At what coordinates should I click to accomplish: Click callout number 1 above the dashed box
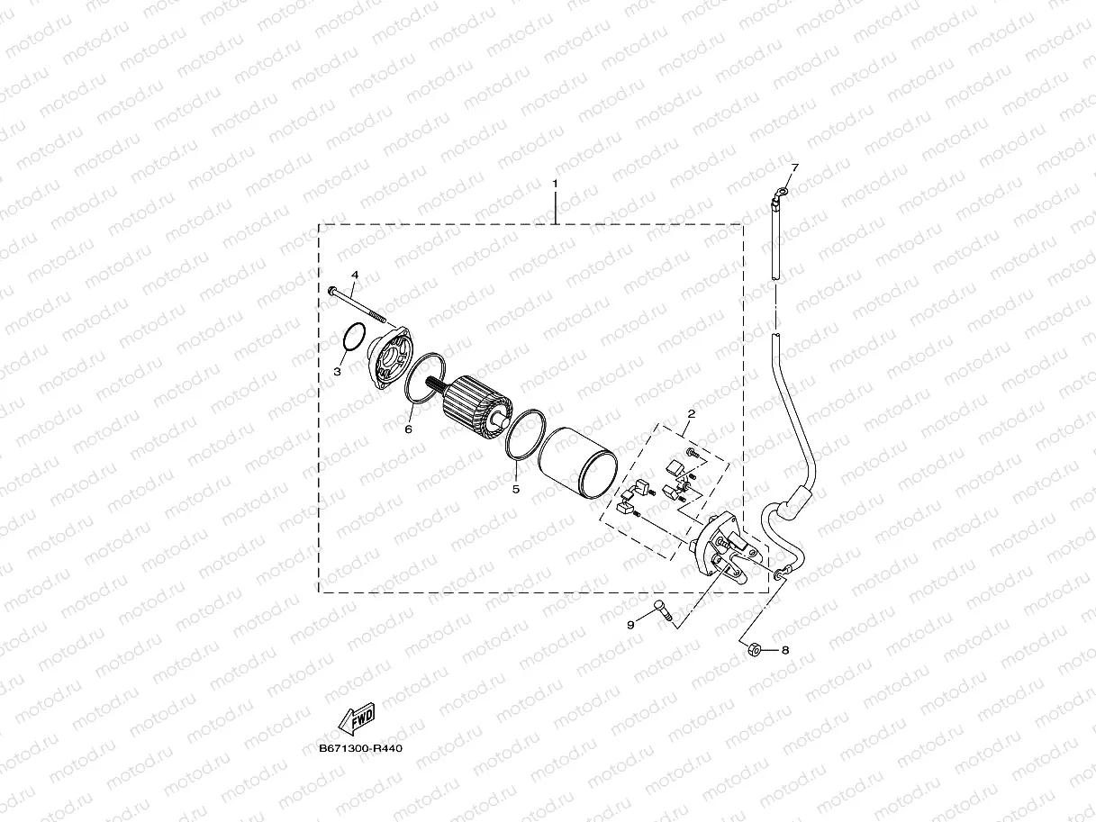point(555,184)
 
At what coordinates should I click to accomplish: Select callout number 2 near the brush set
point(691,414)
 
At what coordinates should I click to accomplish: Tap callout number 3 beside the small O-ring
point(338,371)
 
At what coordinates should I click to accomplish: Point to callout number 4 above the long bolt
point(354,275)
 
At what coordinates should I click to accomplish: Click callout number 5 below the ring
point(516,489)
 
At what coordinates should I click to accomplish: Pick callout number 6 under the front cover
point(408,430)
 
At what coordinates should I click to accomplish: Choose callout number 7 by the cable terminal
point(794,168)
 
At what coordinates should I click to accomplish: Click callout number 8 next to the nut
point(784,650)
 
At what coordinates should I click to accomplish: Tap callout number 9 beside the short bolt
point(630,623)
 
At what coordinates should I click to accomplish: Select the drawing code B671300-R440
point(359,749)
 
